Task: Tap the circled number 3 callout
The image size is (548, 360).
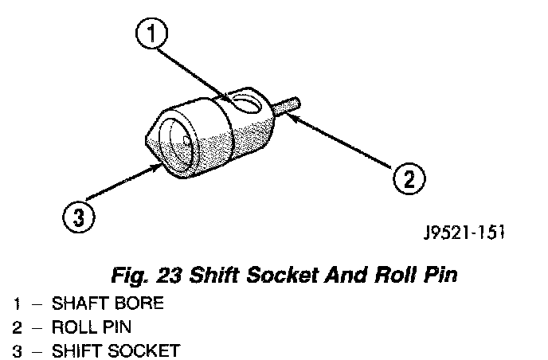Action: (x=76, y=217)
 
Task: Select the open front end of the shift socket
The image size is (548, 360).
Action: (x=174, y=143)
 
